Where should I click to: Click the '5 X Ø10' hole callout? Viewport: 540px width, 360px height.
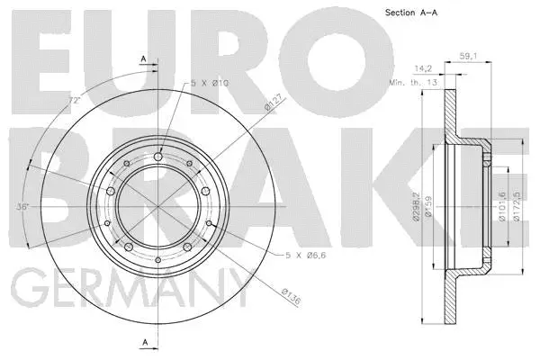(x=209, y=84)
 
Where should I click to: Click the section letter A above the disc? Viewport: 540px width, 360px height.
(x=144, y=59)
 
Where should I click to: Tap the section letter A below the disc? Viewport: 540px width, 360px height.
(x=144, y=342)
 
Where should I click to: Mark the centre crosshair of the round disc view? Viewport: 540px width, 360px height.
(x=158, y=204)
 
